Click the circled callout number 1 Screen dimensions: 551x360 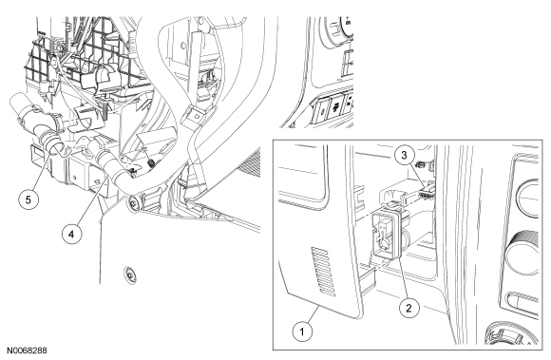point(302,331)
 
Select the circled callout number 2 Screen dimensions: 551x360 point(408,308)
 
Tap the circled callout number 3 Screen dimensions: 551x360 point(404,155)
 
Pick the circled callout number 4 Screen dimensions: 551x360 point(72,234)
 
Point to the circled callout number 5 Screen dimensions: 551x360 point(28,199)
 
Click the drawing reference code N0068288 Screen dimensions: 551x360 point(27,351)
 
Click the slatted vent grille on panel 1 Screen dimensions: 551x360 point(323,271)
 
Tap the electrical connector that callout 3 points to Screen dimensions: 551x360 point(426,191)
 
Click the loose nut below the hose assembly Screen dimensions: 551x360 point(129,274)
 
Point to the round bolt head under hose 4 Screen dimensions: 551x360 point(133,203)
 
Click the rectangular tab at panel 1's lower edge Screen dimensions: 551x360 point(369,278)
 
